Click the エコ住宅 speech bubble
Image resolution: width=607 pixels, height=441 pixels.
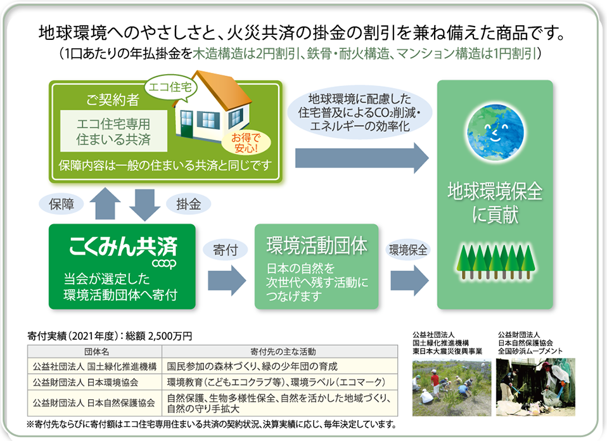(x=171, y=87)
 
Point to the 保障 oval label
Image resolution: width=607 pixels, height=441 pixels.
(x=61, y=204)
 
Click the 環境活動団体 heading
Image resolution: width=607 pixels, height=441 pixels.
(x=317, y=246)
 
